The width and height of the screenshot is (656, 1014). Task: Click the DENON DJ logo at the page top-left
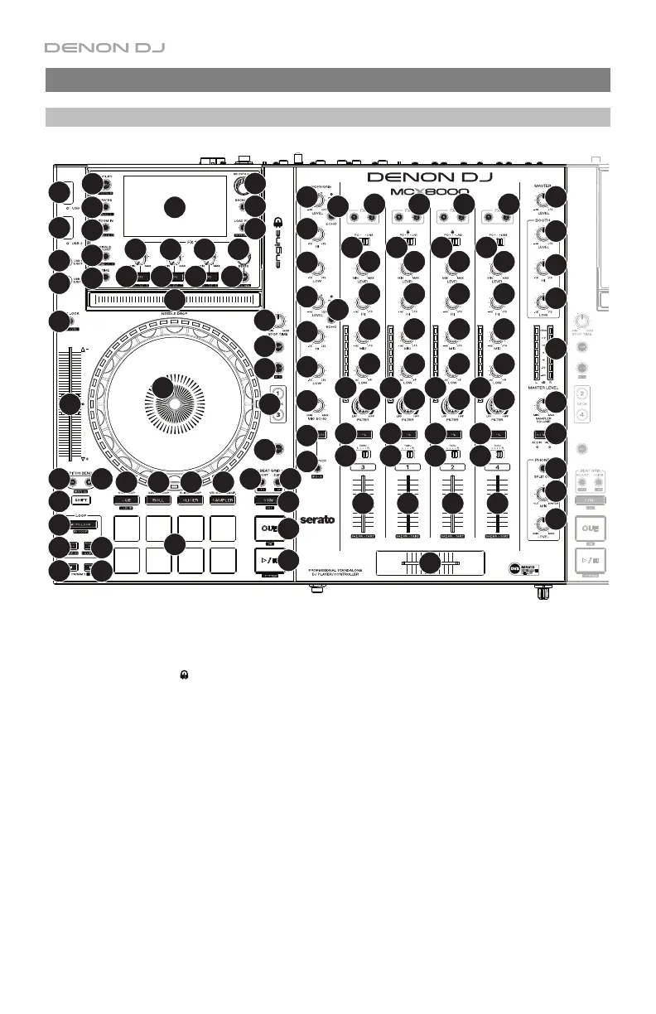point(104,48)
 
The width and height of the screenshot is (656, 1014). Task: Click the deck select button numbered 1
point(279,394)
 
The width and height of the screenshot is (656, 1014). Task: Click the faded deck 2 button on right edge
point(582,394)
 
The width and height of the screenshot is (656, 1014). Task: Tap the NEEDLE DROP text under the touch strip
point(174,312)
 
